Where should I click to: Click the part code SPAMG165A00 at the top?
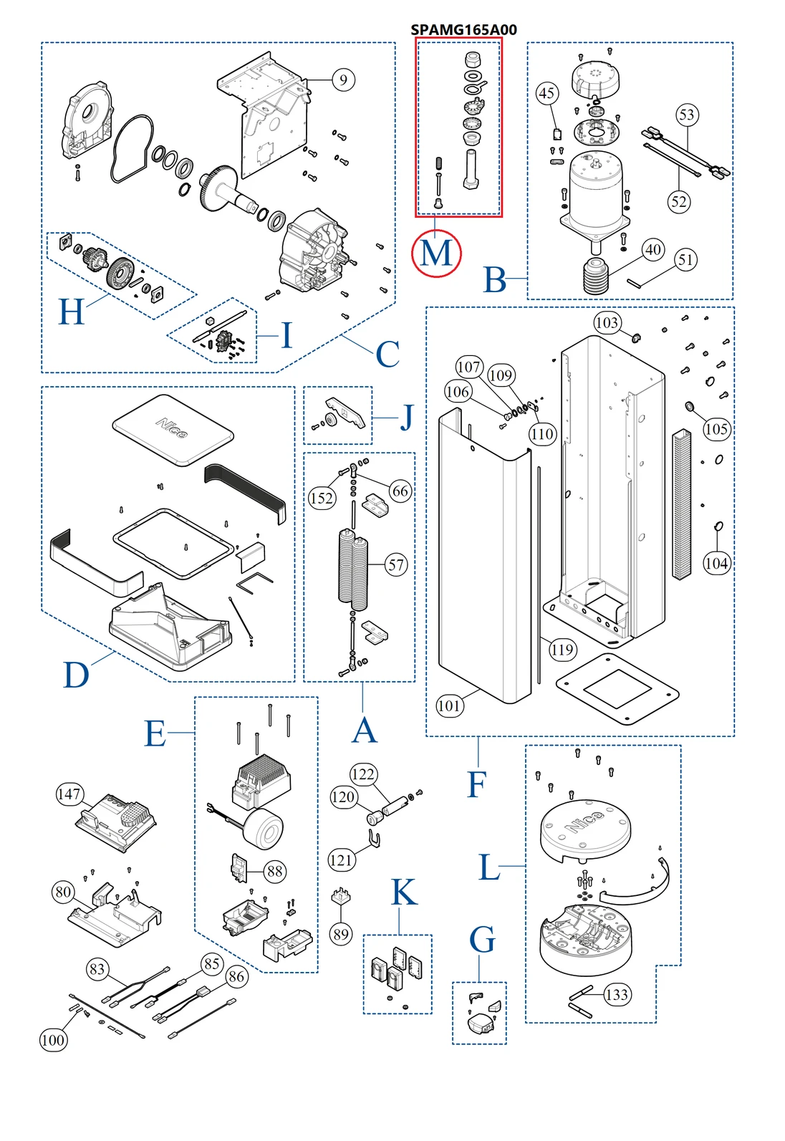coord(463,29)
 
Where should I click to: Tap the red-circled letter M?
coord(436,253)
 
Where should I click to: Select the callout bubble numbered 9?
coord(343,80)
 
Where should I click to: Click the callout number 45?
coord(546,93)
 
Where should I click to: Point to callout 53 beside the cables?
coord(687,115)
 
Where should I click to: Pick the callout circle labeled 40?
coord(652,249)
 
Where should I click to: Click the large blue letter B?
coord(496,280)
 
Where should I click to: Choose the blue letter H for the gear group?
coord(72,312)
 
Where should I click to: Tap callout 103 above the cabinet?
coord(607,323)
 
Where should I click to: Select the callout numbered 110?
coord(542,433)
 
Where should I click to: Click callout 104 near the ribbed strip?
coord(716,563)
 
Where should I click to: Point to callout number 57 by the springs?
coord(396,564)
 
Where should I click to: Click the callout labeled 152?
coord(322,498)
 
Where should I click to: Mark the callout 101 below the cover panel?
coord(449,706)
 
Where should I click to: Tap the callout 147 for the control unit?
coord(69,794)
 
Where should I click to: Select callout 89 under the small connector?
coord(341,934)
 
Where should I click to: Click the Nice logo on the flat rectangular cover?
coord(172,428)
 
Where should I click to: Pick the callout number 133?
coord(617,994)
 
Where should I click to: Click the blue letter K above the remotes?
coord(404,892)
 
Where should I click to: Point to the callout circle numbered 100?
coord(53,1040)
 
